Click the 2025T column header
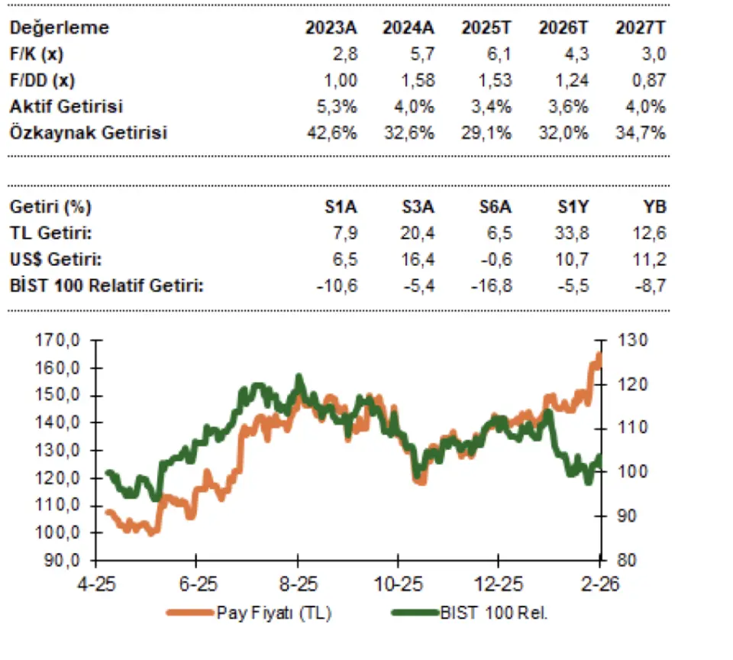[x=486, y=27]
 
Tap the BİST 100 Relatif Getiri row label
[x=107, y=286]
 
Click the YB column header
[x=655, y=206]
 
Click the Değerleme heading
[x=60, y=27]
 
